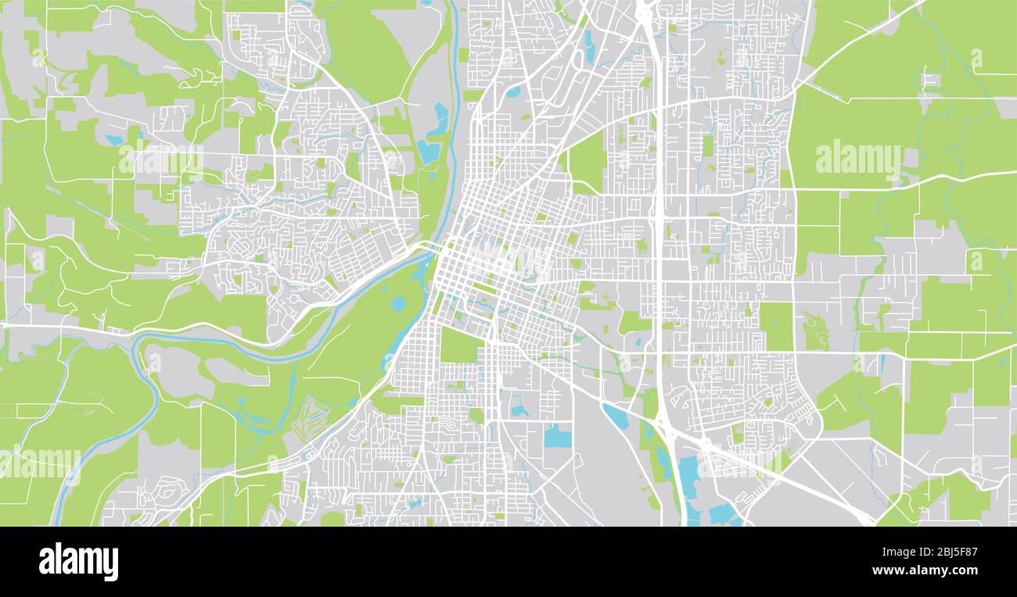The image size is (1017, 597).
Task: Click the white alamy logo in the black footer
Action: pyautogui.click(x=78, y=561)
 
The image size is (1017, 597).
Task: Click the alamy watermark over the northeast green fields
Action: pyautogui.click(x=858, y=159)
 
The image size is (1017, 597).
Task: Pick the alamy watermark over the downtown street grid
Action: pyautogui.click(x=508, y=259)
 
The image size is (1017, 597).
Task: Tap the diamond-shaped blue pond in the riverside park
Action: pyautogui.click(x=398, y=303)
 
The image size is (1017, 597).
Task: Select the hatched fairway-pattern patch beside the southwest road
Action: pyautogui.click(x=311, y=418)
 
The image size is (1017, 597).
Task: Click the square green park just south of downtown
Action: pyautogui.click(x=458, y=345)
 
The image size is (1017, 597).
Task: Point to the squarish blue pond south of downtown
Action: pyautogui.click(x=557, y=436)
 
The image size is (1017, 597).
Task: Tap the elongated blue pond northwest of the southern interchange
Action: pyautogui.click(x=615, y=416)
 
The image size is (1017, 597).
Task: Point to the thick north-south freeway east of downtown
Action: pyautogui.click(x=659, y=234)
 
